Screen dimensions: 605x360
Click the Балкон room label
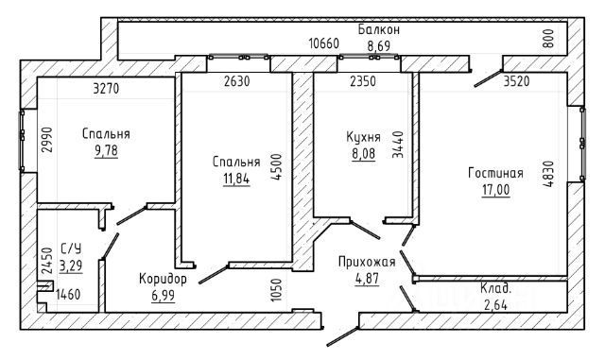[378, 29]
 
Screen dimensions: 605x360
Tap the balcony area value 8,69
[378, 46]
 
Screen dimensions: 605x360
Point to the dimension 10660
[323, 43]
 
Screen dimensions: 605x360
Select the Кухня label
[363, 137]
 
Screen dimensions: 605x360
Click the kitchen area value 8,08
[363, 154]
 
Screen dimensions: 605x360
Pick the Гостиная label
[495, 173]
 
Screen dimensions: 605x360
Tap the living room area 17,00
[495, 190]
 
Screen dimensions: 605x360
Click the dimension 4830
[548, 174]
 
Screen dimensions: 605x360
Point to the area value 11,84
[236, 179]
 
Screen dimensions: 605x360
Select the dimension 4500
[276, 166]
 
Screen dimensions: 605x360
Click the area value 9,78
[106, 150]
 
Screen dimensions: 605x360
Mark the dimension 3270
[106, 89]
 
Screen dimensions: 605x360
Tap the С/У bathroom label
[71, 249]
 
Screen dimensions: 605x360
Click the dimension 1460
[68, 295]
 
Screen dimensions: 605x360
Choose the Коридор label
[163, 279]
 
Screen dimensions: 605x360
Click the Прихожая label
[367, 262]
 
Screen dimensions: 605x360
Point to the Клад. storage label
[495, 288]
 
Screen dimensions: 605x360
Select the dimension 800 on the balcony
[548, 38]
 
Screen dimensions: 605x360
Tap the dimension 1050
[276, 290]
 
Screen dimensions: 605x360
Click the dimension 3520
[517, 81]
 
